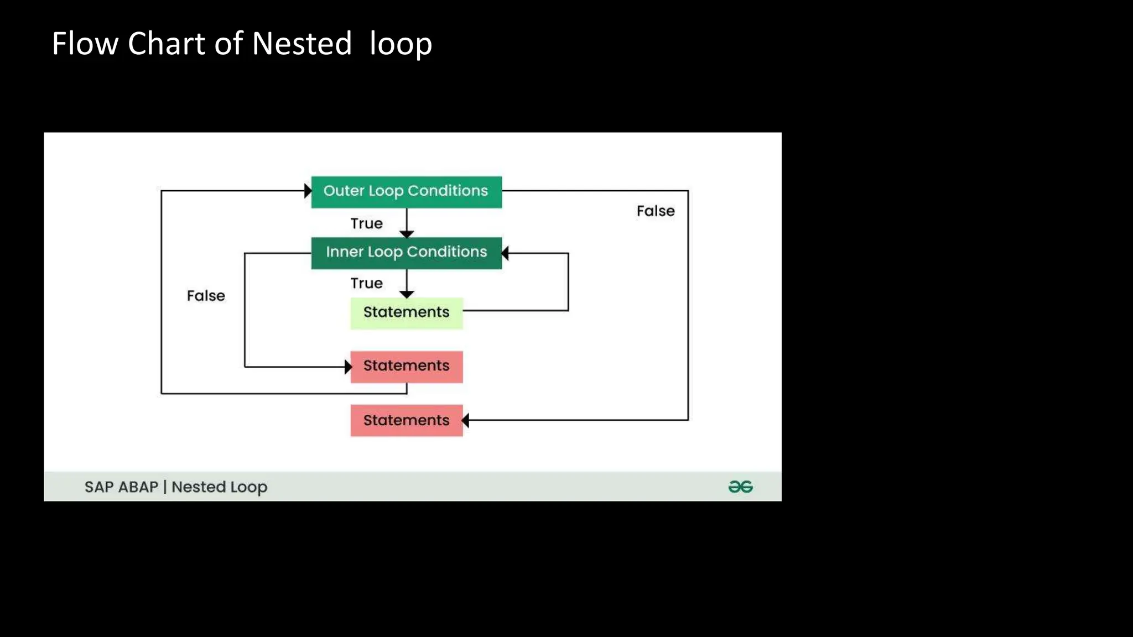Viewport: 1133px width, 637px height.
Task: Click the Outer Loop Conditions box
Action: (x=406, y=191)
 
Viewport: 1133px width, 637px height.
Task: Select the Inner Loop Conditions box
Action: (x=406, y=253)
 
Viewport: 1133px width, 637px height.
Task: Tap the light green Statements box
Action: (x=406, y=312)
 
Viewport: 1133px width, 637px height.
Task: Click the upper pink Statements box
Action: (x=406, y=366)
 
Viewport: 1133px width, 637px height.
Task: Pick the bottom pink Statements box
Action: (x=406, y=420)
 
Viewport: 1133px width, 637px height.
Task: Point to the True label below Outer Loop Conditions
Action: (x=366, y=223)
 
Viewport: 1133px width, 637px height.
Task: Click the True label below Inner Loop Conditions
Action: (x=366, y=283)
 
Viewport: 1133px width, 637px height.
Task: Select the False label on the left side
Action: (x=206, y=296)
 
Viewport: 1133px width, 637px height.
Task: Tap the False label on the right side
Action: (x=656, y=211)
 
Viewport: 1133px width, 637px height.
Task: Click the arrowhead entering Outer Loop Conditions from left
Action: (x=308, y=191)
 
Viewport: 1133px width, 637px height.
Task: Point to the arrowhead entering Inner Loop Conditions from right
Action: (x=505, y=253)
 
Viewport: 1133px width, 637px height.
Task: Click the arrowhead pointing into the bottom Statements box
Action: (x=465, y=420)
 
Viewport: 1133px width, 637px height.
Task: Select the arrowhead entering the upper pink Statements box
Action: (x=348, y=367)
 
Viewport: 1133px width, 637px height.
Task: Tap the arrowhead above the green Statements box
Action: (x=407, y=295)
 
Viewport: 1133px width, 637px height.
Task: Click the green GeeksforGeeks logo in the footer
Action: (x=740, y=487)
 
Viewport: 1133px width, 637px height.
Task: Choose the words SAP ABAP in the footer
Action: (x=121, y=487)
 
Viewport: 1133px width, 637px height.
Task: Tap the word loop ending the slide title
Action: (x=401, y=44)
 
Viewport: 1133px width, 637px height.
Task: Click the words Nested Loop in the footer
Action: (x=219, y=487)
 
